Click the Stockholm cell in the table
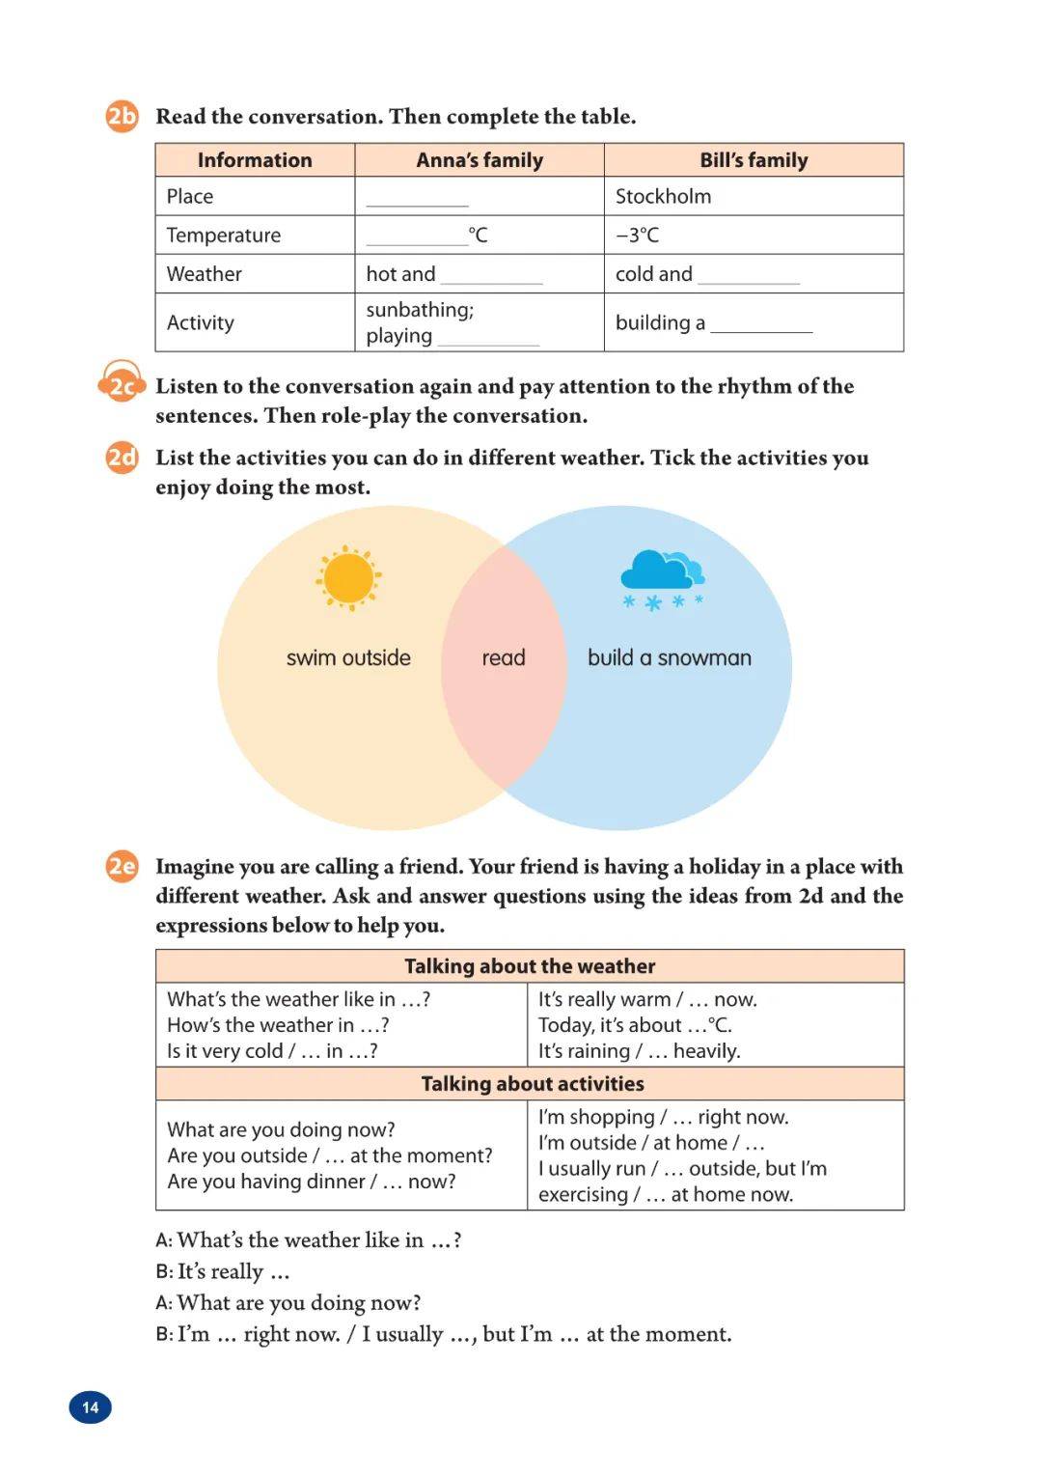663,196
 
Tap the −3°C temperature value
637,235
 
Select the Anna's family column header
480,160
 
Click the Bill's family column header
754,160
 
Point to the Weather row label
204,274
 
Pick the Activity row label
200,322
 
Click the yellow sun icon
348,578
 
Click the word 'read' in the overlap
504,658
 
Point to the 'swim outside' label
348,658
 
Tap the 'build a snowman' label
669,658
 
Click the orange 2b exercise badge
122,117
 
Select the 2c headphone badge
122,385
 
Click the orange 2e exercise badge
122,866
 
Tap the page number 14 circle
91,1407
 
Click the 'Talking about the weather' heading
530,966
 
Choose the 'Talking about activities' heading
532,1084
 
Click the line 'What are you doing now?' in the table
281,1129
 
